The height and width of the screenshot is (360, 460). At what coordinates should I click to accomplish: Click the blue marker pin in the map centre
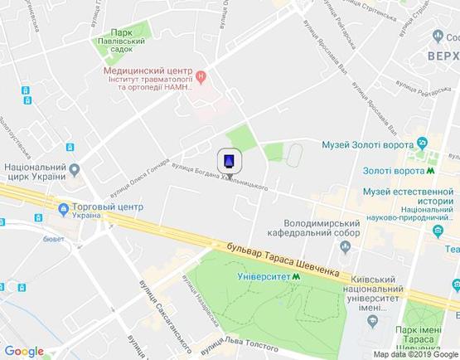(x=230, y=161)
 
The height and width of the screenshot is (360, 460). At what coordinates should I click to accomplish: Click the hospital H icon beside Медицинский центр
(x=201, y=79)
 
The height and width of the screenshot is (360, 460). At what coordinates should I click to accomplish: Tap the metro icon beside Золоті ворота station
(x=430, y=170)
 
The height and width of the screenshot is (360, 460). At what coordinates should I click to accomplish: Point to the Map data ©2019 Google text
(x=414, y=355)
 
